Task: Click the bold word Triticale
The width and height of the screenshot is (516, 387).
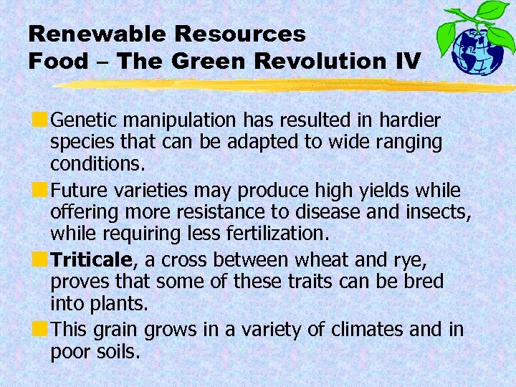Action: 92,259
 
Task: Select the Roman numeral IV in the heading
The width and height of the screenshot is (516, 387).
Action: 406,61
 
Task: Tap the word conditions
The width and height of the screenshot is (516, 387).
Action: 97,164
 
